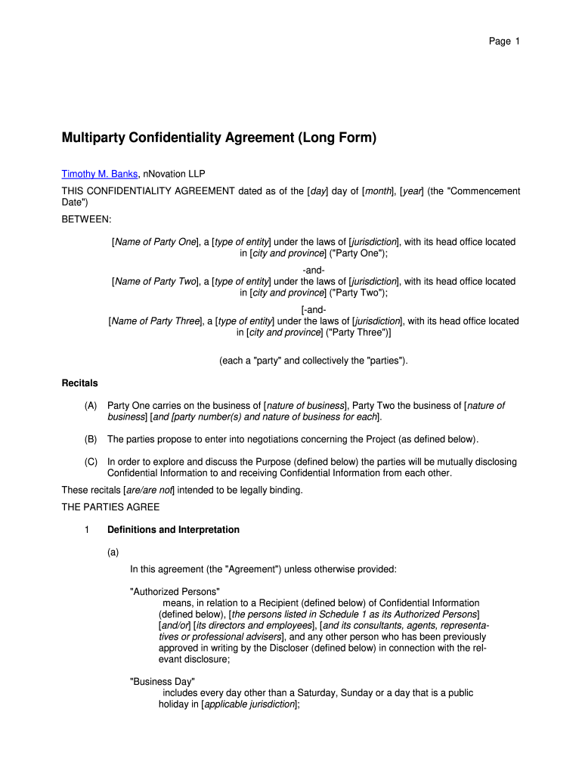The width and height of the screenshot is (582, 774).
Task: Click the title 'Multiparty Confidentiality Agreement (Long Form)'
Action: pos(218,138)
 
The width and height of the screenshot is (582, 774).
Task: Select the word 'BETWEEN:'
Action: pos(86,219)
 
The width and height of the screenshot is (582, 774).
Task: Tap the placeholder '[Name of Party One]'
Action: pos(154,242)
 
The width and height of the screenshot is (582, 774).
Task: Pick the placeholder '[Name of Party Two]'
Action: pos(154,282)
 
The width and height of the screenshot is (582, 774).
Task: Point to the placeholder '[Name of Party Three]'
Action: pos(154,321)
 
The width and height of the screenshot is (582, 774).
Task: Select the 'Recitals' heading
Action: pos(79,383)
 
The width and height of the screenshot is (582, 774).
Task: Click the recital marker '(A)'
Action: pos(91,406)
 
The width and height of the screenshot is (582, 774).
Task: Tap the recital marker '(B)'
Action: pos(91,439)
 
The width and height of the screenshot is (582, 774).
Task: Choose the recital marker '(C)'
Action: pos(91,462)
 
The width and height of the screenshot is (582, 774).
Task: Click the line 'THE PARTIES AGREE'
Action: pos(110,507)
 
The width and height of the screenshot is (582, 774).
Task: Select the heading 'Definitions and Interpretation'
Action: pos(173,530)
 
